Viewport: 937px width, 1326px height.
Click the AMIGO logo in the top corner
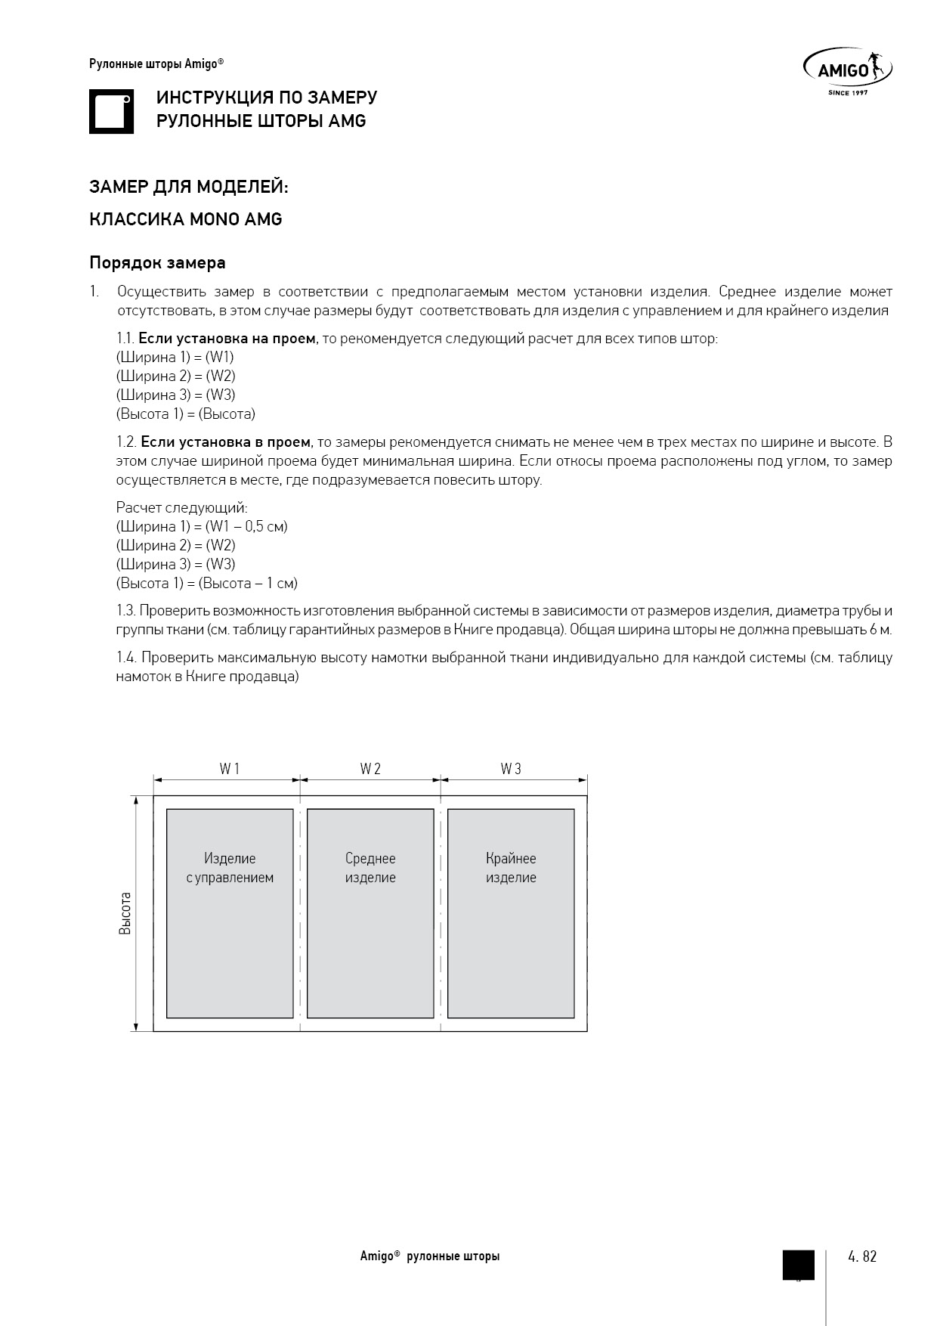click(847, 71)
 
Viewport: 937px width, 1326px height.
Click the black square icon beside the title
click(111, 112)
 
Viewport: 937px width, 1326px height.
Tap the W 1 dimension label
click(229, 769)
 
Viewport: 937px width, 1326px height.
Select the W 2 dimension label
click(370, 769)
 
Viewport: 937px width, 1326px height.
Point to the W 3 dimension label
click(511, 769)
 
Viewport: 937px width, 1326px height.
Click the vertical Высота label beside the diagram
click(125, 913)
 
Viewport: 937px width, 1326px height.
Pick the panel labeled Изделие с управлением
click(230, 913)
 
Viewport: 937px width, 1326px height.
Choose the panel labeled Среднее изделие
click(370, 913)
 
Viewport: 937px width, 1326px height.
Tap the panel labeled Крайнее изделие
click(511, 913)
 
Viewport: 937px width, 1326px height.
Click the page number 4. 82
click(862, 1256)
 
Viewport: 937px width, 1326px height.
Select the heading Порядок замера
click(157, 263)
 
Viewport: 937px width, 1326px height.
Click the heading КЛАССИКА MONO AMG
click(186, 219)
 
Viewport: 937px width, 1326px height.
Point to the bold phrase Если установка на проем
click(227, 339)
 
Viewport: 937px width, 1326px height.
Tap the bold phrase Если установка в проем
click(225, 441)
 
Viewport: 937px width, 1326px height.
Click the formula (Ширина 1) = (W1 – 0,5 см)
click(202, 526)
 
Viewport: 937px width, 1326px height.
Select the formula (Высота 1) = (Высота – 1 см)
click(206, 583)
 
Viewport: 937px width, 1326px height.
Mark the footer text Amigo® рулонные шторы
click(429, 1256)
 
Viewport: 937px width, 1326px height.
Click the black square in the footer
click(798, 1265)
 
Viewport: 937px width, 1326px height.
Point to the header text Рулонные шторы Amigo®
click(156, 64)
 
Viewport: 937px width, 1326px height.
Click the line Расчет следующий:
click(181, 508)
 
